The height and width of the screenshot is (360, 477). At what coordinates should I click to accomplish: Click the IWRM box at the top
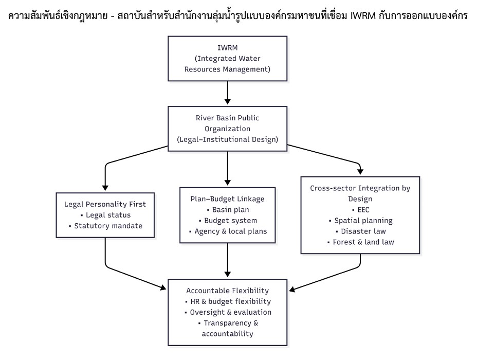tap(227, 58)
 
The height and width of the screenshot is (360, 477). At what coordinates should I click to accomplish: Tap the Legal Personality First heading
tap(105, 204)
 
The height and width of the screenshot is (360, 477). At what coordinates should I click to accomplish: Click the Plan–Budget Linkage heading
tap(227, 199)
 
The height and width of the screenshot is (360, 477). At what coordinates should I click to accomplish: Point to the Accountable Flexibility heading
tap(227, 291)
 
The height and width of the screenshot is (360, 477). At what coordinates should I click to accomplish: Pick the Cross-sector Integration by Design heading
tap(360, 193)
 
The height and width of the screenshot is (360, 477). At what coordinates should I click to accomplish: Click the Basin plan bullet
tap(227, 210)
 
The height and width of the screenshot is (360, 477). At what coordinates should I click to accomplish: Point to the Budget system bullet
tap(227, 221)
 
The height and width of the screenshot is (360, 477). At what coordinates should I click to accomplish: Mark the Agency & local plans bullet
tap(227, 231)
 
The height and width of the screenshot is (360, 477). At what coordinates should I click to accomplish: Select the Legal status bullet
tap(105, 215)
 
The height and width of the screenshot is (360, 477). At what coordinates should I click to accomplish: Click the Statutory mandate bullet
tap(105, 226)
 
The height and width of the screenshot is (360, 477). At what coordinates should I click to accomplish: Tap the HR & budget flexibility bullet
tap(227, 301)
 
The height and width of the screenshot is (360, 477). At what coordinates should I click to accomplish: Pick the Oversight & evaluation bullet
tap(227, 312)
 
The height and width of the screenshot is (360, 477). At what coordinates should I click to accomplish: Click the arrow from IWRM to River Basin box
tap(227, 93)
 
